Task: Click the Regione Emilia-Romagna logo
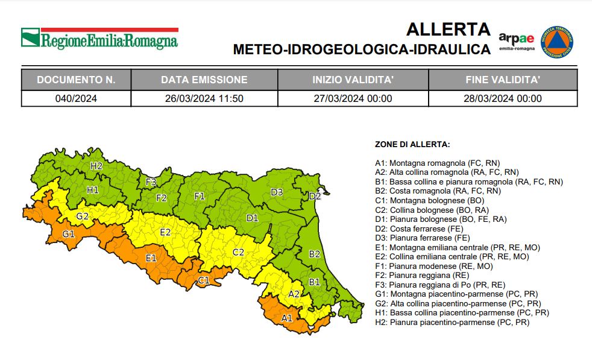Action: click(x=100, y=39)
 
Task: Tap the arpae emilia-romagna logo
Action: click(x=517, y=42)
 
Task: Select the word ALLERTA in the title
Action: click(x=449, y=29)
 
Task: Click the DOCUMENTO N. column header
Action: click(x=76, y=80)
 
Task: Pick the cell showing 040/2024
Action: click(x=76, y=99)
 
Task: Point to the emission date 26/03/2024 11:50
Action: click(x=204, y=99)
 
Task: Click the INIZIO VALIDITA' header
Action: click(x=353, y=80)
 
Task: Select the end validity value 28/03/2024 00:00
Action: click(x=503, y=99)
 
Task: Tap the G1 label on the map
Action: click(x=68, y=233)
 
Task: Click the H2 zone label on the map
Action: click(x=96, y=166)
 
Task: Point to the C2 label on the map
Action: click(x=238, y=252)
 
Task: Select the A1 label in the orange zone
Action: click(x=287, y=317)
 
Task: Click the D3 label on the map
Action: click(x=277, y=192)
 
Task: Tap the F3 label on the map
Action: click(x=151, y=182)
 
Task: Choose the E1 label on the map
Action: click(x=151, y=258)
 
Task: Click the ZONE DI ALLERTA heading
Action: click(x=412, y=145)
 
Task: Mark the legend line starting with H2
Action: click(x=452, y=323)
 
